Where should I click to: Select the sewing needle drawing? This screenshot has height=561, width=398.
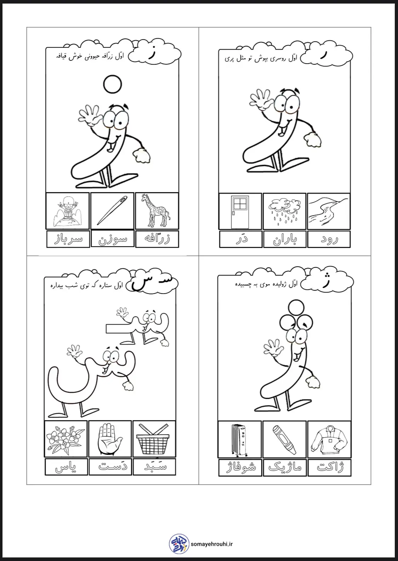tap(112, 210)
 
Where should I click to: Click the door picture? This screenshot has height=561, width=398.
tap(240, 212)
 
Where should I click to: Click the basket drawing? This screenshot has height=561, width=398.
tap(153, 439)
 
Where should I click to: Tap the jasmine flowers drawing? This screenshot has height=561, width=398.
tap(65, 439)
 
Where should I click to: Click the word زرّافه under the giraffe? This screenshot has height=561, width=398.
tap(157, 239)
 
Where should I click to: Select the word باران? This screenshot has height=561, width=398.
tap(285, 240)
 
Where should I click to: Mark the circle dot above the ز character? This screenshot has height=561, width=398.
tap(113, 84)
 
